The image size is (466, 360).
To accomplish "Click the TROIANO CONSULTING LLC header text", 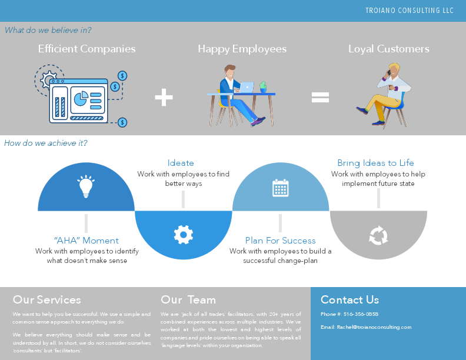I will click(x=410, y=11).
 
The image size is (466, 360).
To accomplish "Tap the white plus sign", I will click(x=164, y=98).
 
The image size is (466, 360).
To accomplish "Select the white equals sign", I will click(x=320, y=98).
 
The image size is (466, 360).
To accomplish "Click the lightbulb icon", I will click(x=86, y=186).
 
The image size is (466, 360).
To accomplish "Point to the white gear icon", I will click(x=184, y=235).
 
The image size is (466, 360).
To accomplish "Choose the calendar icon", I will click(x=281, y=188).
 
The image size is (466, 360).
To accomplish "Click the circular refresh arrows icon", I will click(x=378, y=236).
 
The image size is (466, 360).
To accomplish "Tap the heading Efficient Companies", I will click(x=86, y=49).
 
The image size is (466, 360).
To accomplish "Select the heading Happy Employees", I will click(x=242, y=49).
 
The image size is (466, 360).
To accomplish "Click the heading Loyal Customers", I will click(x=389, y=49).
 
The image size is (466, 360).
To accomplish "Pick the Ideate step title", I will click(x=181, y=163).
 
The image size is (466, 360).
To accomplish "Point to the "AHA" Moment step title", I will click(x=86, y=241).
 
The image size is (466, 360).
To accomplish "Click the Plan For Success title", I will click(x=281, y=241).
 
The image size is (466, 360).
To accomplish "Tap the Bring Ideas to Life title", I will click(x=375, y=163).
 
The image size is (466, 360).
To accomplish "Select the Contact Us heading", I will click(x=349, y=300).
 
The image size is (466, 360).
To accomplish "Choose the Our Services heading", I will click(x=47, y=300).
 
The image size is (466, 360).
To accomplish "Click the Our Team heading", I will click(x=188, y=300).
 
